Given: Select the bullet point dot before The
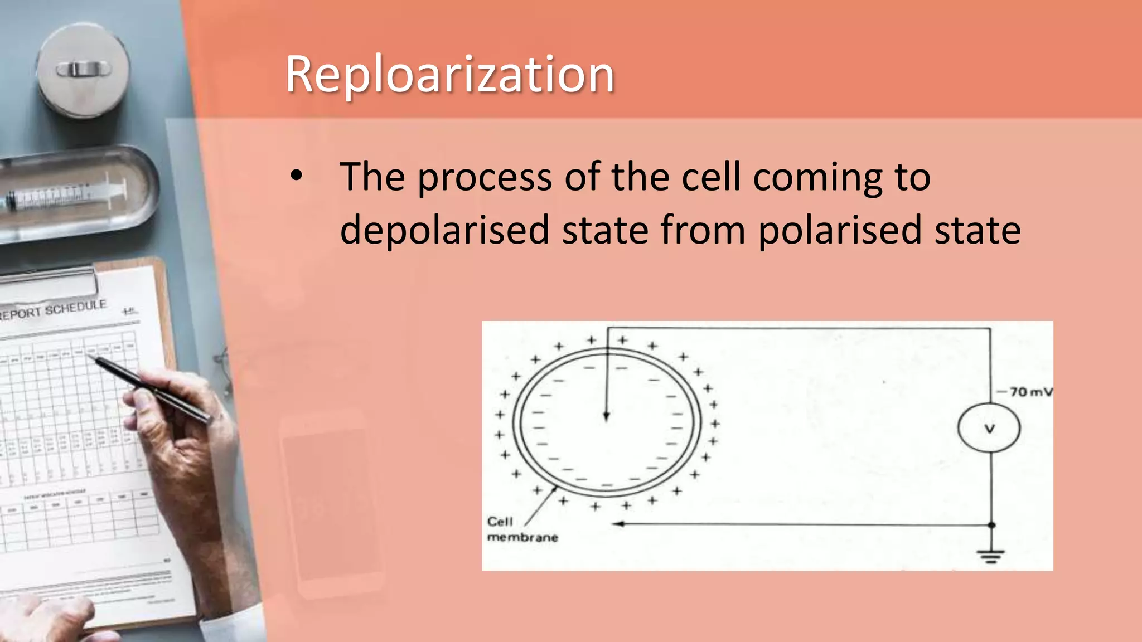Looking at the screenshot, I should click(x=296, y=176).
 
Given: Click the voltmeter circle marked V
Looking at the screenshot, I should click(x=989, y=429).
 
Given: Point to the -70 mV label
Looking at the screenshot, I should click(x=1026, y=392).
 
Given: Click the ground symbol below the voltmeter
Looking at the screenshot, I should click(x=991, y=556).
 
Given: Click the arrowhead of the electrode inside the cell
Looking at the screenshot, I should click(x=606, y=416).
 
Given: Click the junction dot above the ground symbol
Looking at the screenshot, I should click(x=991, y=525).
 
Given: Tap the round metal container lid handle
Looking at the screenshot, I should click(x=84, y=70).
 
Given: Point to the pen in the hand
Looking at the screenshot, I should click(x=151, y=387).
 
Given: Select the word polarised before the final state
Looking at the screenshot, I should click(x=839, y=230).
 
